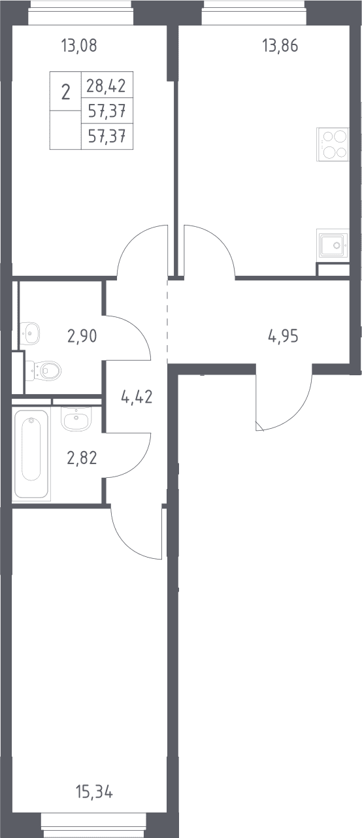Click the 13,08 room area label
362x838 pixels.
tap(79, 46)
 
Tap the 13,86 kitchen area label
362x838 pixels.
tap(280, 46)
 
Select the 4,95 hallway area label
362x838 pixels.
tap(283, 337)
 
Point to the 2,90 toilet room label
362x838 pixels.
tap(82, 336)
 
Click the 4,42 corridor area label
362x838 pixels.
tap(137, 397)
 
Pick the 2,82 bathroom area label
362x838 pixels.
tap(82, 458)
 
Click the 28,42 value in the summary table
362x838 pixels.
tap(107, 86)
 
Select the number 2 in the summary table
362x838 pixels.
tap(65, 92)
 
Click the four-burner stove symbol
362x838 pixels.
tap(333, 144)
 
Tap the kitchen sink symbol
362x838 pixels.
tap(333, 245)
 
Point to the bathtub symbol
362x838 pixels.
tap(31, 454)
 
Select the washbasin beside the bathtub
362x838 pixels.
tap(76, 418)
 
